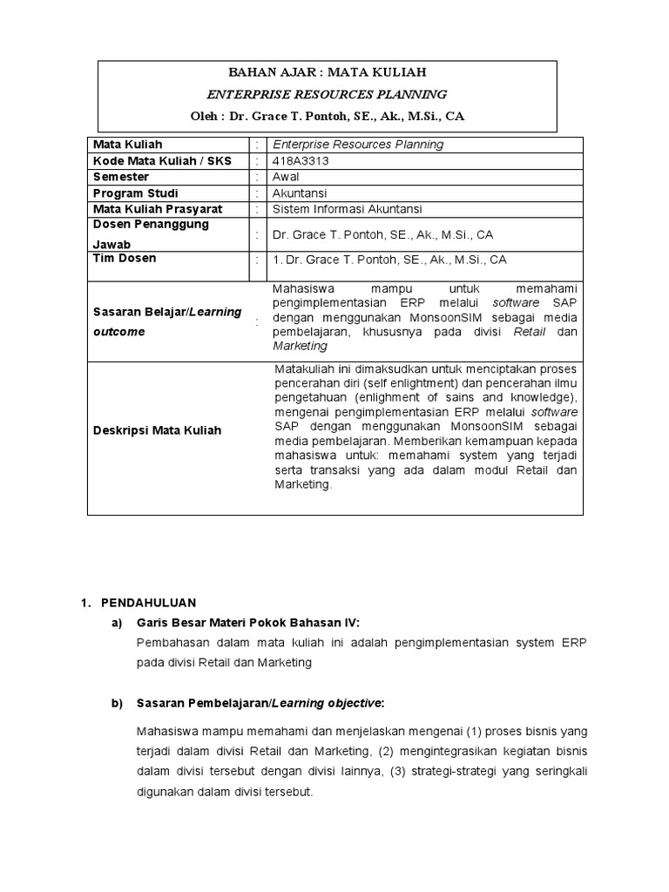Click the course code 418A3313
(x=301, y=160)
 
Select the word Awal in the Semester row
(x=286, y=177)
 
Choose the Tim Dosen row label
(x=125, y=259)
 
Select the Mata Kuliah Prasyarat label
(x=158, y=209)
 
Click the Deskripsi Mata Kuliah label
(x=157, y=430)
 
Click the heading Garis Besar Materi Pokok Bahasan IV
(x=247, y=622)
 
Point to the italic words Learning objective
(x=337, y=703)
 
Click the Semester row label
(x=121, y=177)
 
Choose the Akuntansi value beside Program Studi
(x=300, y=193)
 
